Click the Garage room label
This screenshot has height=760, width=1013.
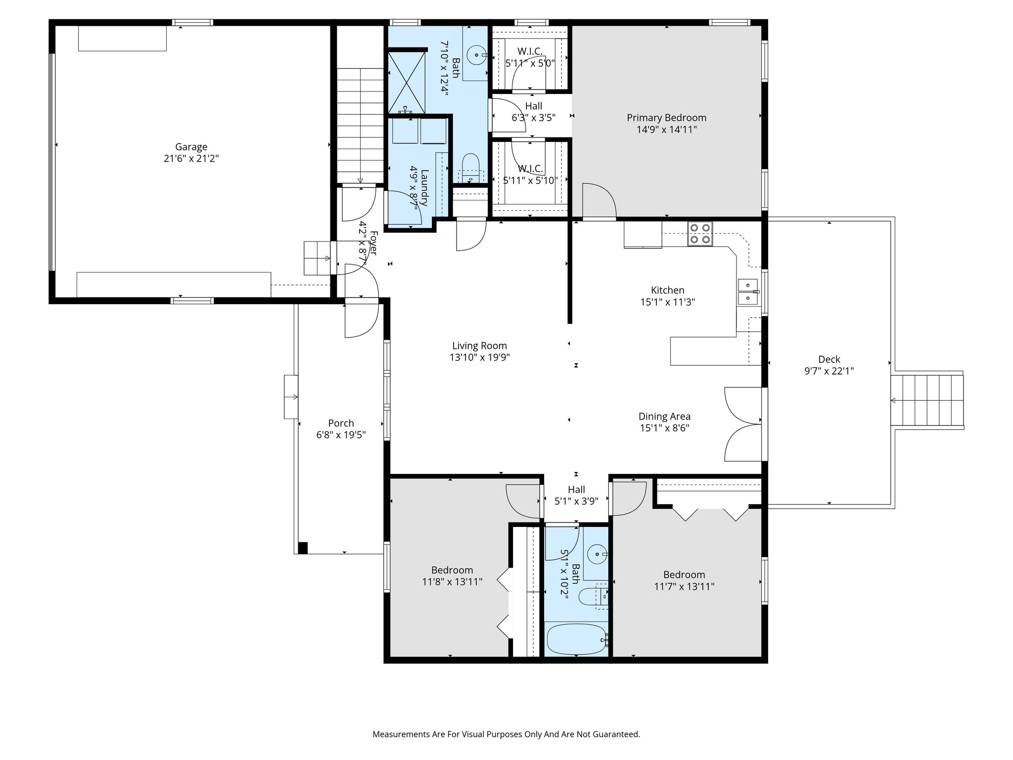coord(191,147)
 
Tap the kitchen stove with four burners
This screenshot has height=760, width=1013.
coord(700,234)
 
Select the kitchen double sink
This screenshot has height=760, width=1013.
coord(748,292)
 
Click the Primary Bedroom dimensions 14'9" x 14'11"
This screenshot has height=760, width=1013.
coord(666,130)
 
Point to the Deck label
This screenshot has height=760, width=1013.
coord(829,360)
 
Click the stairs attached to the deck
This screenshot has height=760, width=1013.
coord(927,400)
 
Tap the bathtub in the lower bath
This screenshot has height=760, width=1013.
coord(576,639)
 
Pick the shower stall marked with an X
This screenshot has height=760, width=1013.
coord(406,82)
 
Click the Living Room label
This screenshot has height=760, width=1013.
coord(479,346)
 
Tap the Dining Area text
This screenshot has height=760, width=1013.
coord(664,417)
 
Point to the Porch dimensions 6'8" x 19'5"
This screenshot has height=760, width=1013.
coord(341,435)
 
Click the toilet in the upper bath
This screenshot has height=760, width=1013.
coord(470,166)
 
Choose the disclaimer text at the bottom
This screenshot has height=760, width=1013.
coord(506,734)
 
